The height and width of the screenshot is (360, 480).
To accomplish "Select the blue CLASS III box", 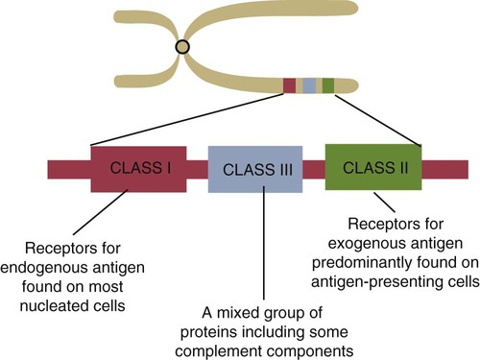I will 255,170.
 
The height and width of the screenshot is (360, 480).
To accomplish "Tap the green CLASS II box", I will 372,165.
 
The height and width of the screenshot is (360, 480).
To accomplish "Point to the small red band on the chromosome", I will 289,85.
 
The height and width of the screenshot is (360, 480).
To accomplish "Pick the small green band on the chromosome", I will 328,85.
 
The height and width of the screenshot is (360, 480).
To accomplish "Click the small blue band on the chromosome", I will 309,85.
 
